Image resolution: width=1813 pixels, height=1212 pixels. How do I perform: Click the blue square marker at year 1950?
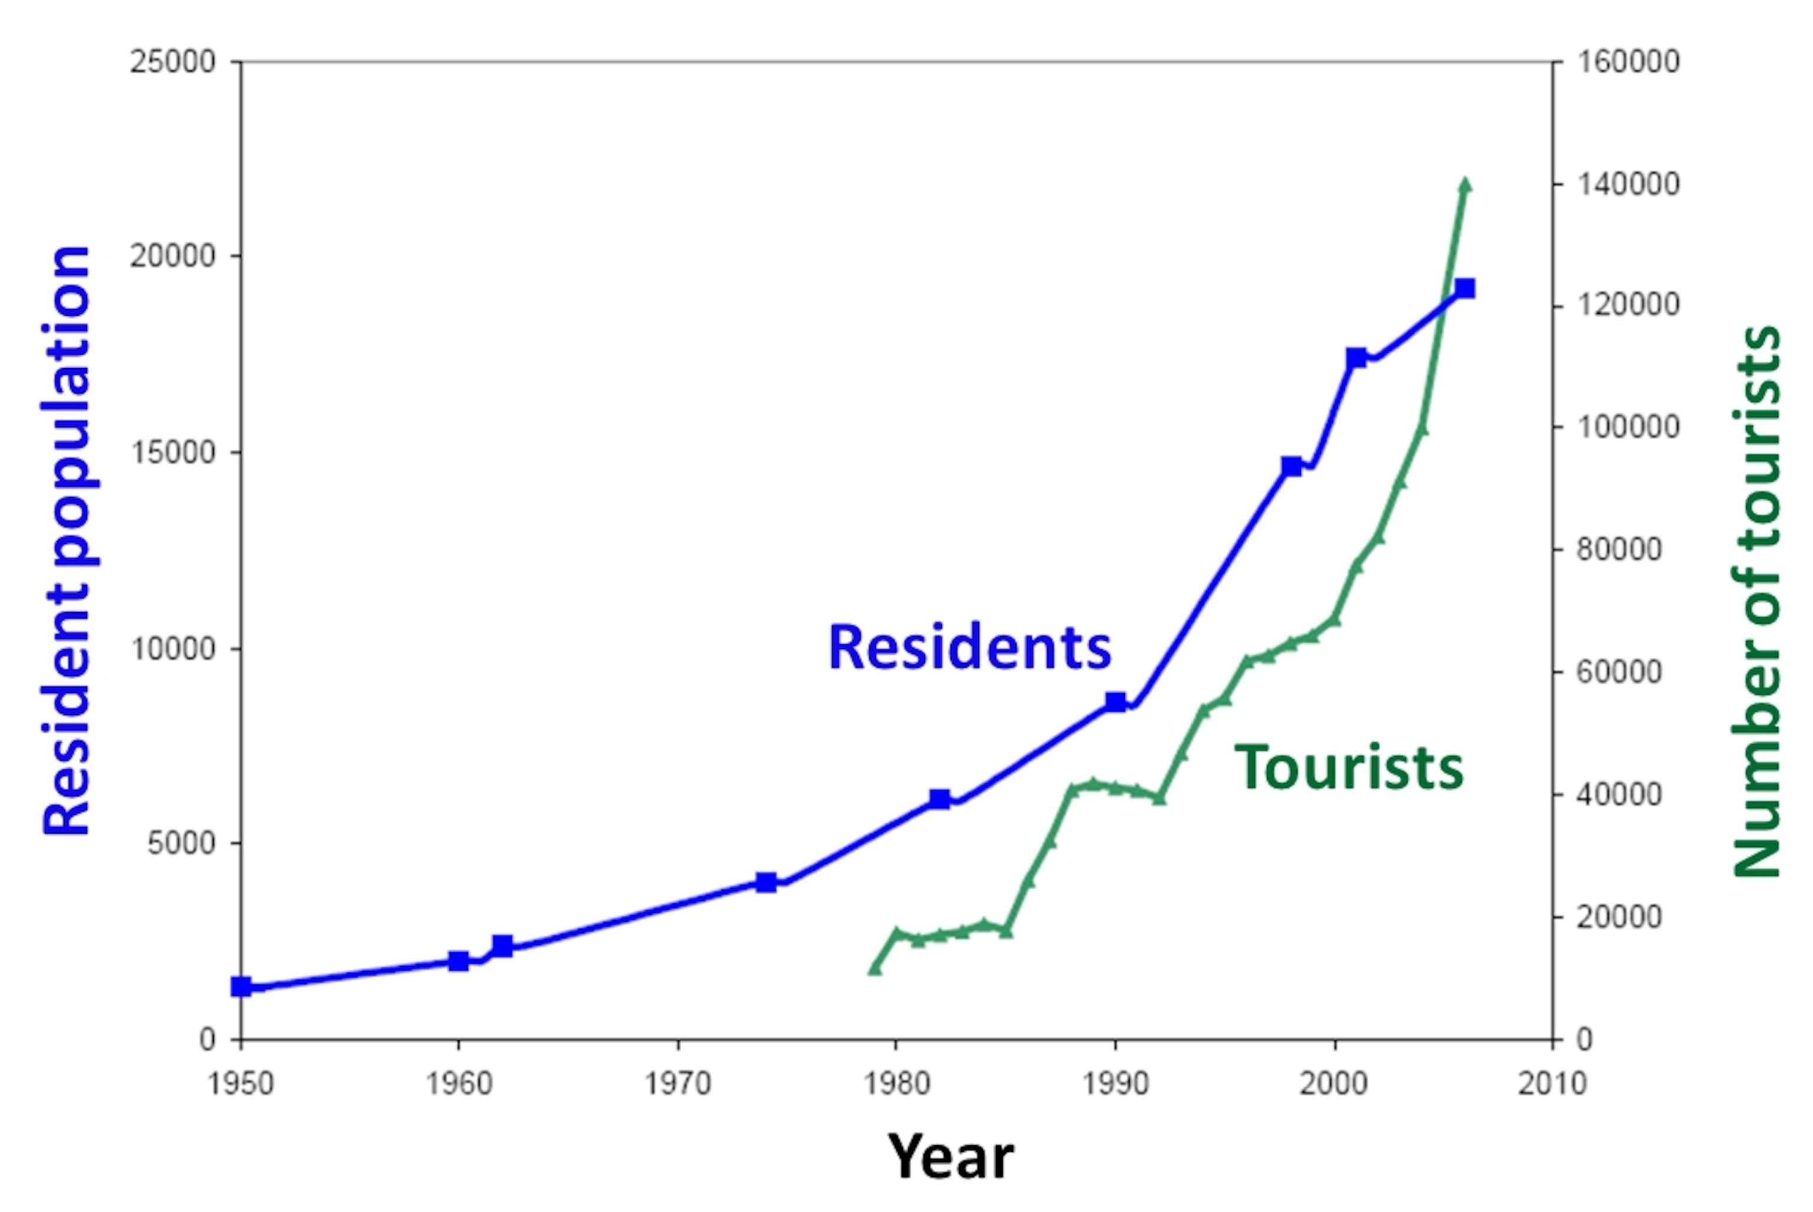(x=241, y=987)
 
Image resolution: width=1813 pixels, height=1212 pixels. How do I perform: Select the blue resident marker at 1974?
(x=765, y=883)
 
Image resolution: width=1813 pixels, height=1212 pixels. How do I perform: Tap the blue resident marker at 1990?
(x=1115, y=702)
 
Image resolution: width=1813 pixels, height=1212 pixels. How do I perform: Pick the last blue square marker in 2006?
(x=1464, y=289)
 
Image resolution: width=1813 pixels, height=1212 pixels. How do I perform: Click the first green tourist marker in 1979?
(x=875, y=968)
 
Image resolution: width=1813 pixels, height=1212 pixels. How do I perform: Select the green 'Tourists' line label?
(x=1349, y=768)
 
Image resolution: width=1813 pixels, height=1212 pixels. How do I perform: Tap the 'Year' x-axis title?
(x=950, y=1157)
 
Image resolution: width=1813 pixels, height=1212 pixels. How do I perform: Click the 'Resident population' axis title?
(x=68, y=541)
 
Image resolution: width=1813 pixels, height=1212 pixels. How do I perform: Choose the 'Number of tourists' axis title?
(x=1756, y=603)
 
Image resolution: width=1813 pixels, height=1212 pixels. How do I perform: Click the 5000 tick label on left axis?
(x=181, y=843)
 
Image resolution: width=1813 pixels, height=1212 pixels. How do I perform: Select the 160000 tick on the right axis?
(x=1628, y=62)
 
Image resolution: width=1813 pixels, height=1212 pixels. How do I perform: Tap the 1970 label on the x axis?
(x=678, y=1084)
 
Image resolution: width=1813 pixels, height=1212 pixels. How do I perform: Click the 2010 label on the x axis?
(x=1552, y=1084)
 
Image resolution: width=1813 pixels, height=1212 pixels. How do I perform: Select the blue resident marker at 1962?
(x=503, y=945)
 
